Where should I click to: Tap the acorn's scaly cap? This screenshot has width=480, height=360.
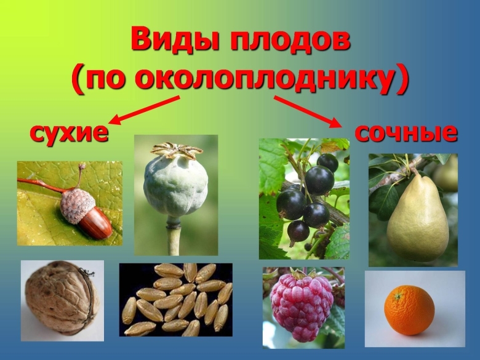78,205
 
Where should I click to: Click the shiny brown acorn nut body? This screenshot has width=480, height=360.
96,225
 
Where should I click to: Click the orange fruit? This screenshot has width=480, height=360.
409,310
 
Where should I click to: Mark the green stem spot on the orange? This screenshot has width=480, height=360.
398,296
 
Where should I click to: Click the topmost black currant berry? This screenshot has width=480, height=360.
327,162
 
